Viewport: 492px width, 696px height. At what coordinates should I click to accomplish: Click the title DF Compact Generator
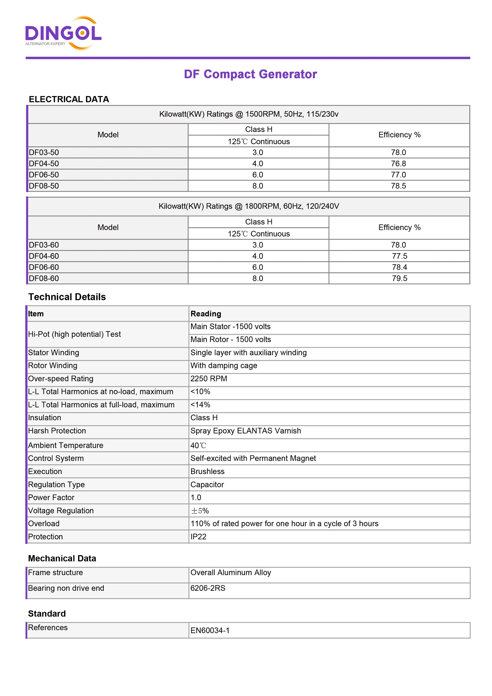pyautogui.click(x=250, y=74)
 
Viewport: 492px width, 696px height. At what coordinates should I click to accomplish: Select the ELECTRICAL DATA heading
pyautogui.click(x=69, y=99)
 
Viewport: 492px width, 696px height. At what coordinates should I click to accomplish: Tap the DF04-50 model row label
pyautogui.click(x=44, y=164)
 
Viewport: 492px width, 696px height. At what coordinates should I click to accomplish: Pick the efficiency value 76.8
pyautogui.click(x=398, y=164)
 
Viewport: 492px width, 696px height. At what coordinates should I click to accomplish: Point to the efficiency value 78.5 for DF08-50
pyautogui.click(x=398, y=186)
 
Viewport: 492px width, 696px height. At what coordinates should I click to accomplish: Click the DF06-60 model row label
pyautogui.click(x=44, y=267)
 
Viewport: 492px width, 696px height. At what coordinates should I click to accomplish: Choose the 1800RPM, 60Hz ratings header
pyautogui.click(x=249, y=206)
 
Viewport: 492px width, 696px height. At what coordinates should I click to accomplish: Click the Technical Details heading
pyautogui.click(x=67, y=297)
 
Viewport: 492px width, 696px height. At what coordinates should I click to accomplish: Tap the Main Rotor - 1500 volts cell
pyautogui.click(x=230, y=339)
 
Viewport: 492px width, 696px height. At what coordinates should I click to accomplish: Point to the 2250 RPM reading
pyautogui.click(x=209, y=379)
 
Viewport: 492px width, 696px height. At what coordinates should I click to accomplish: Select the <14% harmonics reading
pyautogui.click(x=200, y=405)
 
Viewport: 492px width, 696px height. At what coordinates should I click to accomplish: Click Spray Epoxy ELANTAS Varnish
pyautogui.click(x=246, y=431)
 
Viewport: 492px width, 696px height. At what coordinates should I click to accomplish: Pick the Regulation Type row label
pyautogui.click(x=56, y=484)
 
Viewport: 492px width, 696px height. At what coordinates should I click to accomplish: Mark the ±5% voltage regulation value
pyautogui.click(x=200, y=511)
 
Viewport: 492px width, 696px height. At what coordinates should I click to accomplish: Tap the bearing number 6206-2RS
pyautogui.click(x=208, y=588)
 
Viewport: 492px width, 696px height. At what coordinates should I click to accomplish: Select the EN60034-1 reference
pyautogui.click(x=210, y=631)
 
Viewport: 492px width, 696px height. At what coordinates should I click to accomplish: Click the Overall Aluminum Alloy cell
pyautogui.click(x=230, y=572)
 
